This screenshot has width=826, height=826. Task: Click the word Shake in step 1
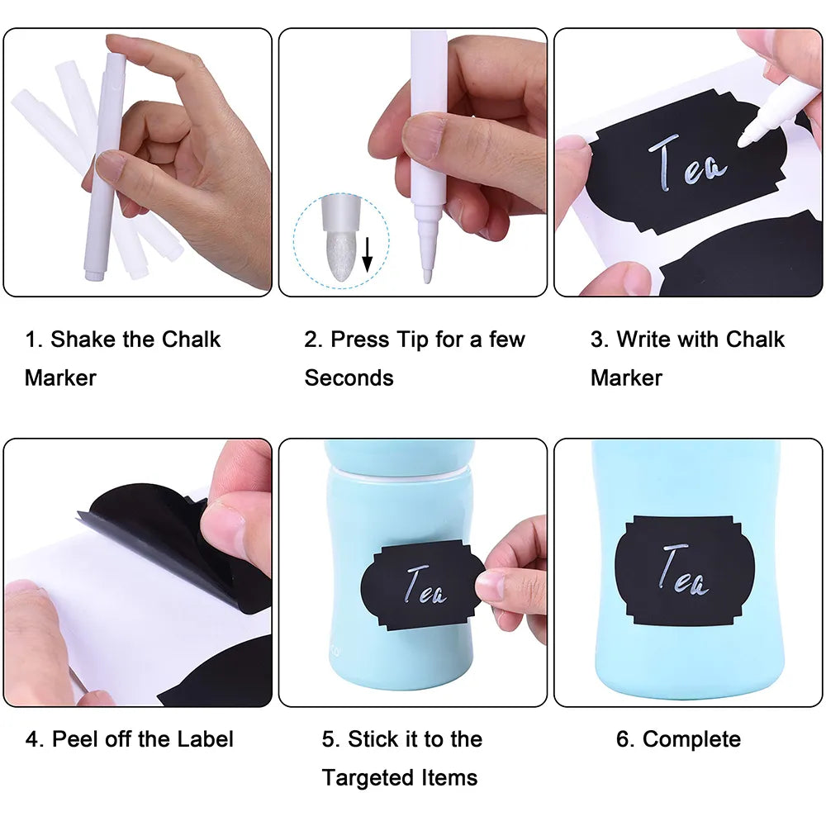(x=83, y=339)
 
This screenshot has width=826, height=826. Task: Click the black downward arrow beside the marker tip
(x=368, y=255)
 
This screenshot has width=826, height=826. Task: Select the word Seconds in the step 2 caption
(x=349, y=377)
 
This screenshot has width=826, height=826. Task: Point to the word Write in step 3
(x=648, y=339)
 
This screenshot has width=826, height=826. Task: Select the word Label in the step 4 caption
(x=205, y=739)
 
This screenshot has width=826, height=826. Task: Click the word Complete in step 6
(x=691, y=739)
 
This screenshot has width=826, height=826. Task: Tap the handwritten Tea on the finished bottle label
(x=684, y=571)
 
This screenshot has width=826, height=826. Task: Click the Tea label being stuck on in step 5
(x=422, y=585)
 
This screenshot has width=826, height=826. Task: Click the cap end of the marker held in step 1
(x=95, y=274)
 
